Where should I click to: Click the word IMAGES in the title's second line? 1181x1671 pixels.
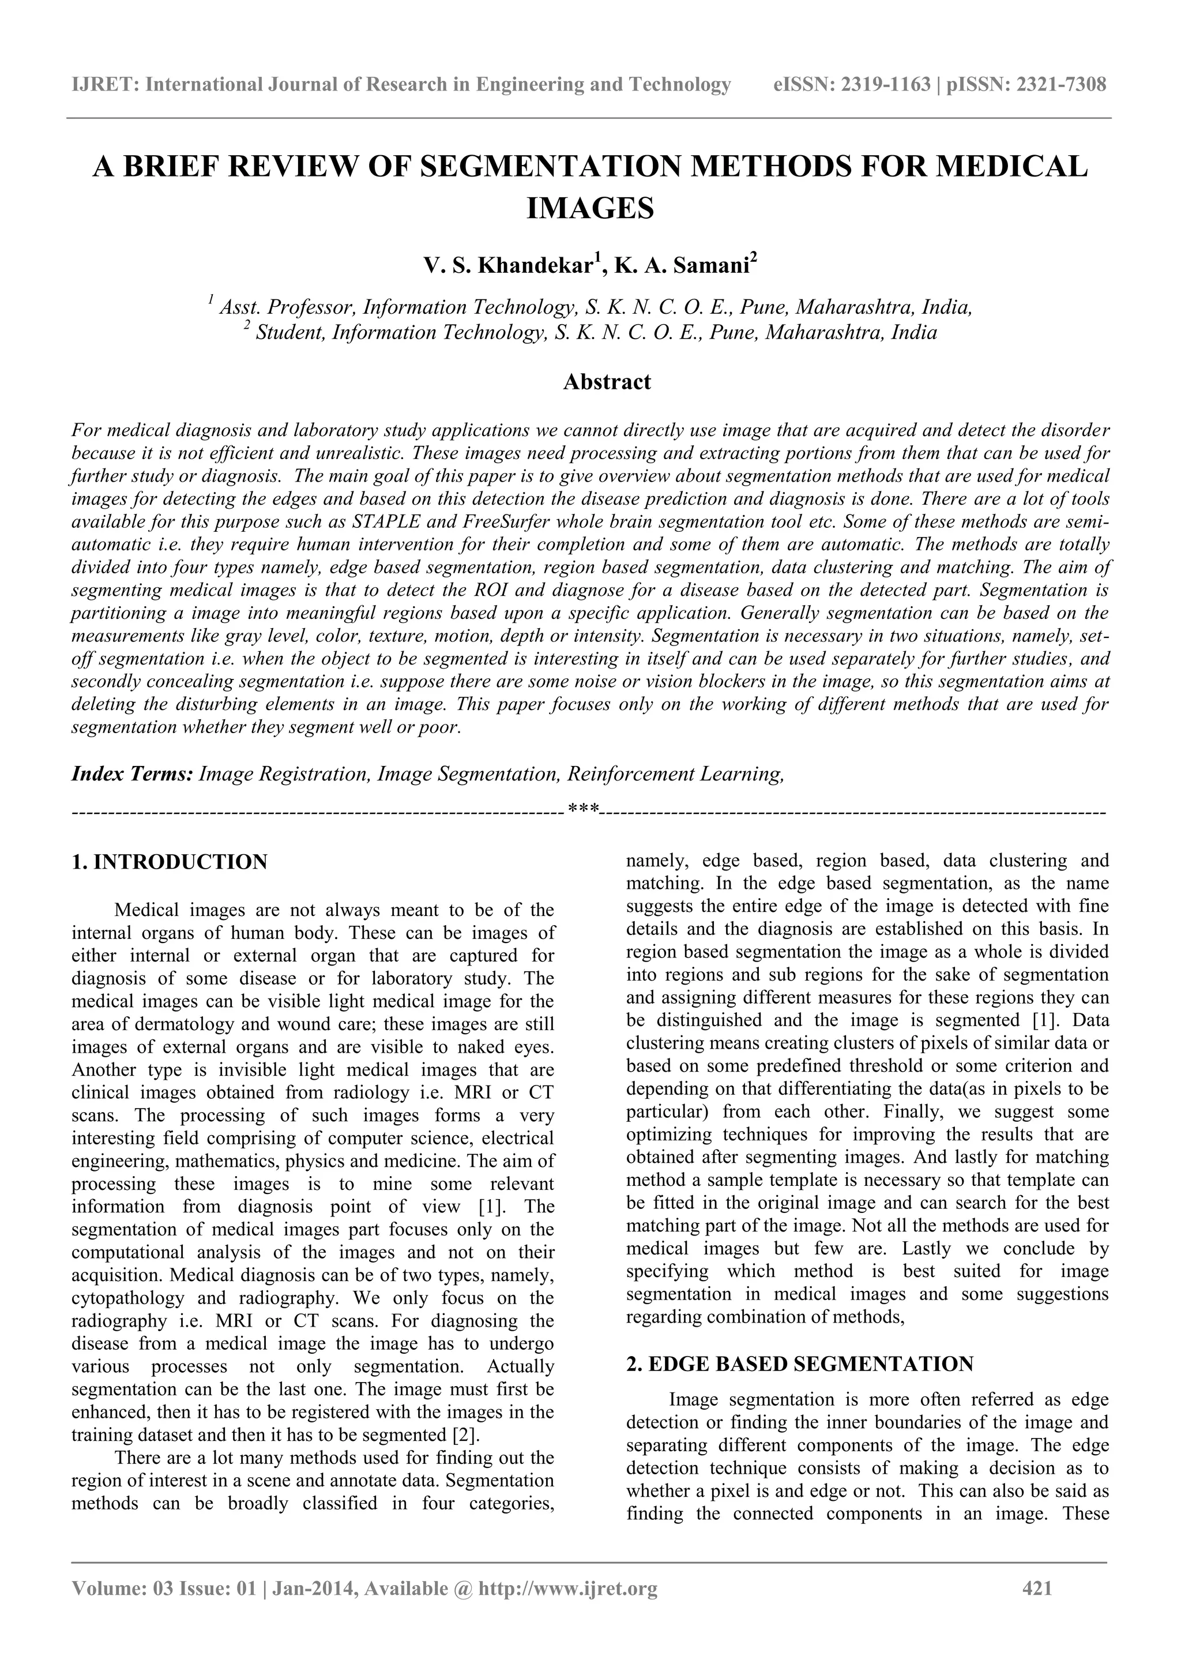click(589, 208)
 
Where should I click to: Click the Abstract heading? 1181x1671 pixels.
click(606, 381)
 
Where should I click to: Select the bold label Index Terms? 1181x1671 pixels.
click(131, 773)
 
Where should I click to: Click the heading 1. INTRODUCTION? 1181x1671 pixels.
click(170, 862)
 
